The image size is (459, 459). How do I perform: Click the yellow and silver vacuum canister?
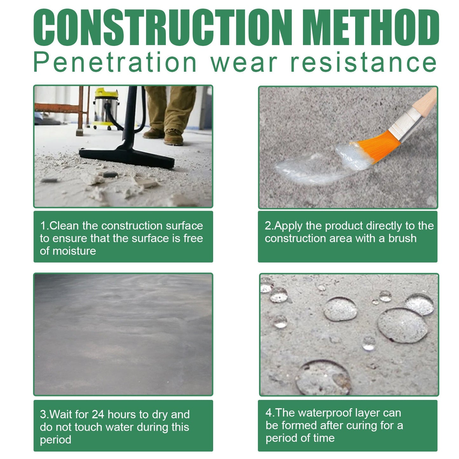[x=106, y=108]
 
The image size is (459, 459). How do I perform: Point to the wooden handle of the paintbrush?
[x=427, y=98]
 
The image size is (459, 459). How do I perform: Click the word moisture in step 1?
[x=74, y=251]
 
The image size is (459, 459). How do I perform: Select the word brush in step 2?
[x=402, y=238]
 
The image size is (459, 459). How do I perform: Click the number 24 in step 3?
[x=98, y=415]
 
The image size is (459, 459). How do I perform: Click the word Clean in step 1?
[x=64, y=226]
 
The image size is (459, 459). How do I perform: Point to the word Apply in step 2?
[x=288, y=226]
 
